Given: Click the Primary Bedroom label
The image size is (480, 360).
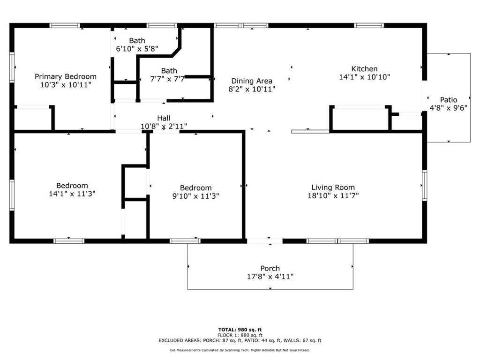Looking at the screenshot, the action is [x=66, y=76].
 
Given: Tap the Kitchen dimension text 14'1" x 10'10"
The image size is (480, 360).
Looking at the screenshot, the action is [x=364, y=77].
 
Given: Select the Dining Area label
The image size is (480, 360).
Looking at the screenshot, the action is [x=252, y=81].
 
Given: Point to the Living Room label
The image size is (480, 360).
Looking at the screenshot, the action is [x=333, y=187].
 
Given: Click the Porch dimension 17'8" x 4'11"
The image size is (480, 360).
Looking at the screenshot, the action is [x=270, y=277].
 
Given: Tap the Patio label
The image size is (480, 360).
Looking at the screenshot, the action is [x=449, y=100].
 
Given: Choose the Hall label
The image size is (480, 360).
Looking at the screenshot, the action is [x=164, y=118].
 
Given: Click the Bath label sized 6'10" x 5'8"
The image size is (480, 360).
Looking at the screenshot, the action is [x=137, y=41].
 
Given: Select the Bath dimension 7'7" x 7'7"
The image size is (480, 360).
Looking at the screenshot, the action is [x=167, y=79].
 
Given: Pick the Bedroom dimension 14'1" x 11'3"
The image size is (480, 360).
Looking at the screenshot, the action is [x=72, y=194].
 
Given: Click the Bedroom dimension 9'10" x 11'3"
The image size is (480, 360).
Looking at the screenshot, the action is [x=195, y=196].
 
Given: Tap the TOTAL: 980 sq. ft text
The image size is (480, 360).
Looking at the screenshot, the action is [x=240, y=330].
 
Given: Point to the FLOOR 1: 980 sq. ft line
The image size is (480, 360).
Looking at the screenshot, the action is [x=240, y=335].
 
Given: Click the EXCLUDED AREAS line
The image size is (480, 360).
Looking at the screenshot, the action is [x=240, y=340].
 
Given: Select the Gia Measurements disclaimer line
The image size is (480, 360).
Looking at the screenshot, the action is [x=240, y=350].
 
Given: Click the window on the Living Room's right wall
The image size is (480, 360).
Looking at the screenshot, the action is [x=425, y=186].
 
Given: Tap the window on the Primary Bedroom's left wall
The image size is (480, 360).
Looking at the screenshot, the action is [x=12, y=67].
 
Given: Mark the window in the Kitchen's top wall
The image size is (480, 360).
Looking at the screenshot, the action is [x=369, y=25].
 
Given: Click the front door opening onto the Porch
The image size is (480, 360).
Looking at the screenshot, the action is [x=265, y=241].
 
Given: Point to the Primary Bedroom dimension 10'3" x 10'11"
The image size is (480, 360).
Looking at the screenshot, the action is [x=66, y=85].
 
